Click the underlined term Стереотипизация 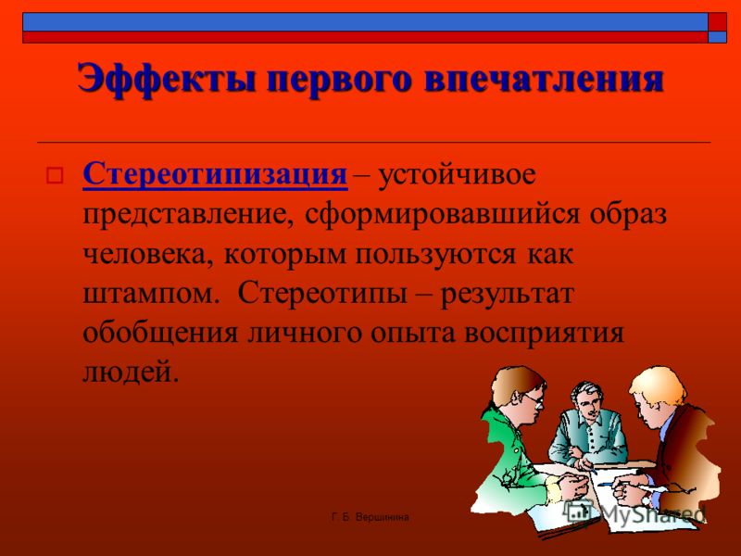pyautogui.click(x=215, y=174)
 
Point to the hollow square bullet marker pyautogui.click(x=55, y=175)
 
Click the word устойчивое pyautogui.click(x=457, y=174)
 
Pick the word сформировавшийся pyautogui.click(x=442, y=215)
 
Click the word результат pyautogui.click(x=507, y=295)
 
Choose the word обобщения pyautogui.click(x=160, y=333)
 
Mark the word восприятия pyautogui.click(x=544, y=335)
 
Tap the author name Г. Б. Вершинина pyautogui.click(x=370, y=517)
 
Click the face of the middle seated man pyautogui.click(x=585, y=401)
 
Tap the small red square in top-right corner pyautogui.click(x=717, y=21)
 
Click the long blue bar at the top pyautogui.click(x=365, y=21)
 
